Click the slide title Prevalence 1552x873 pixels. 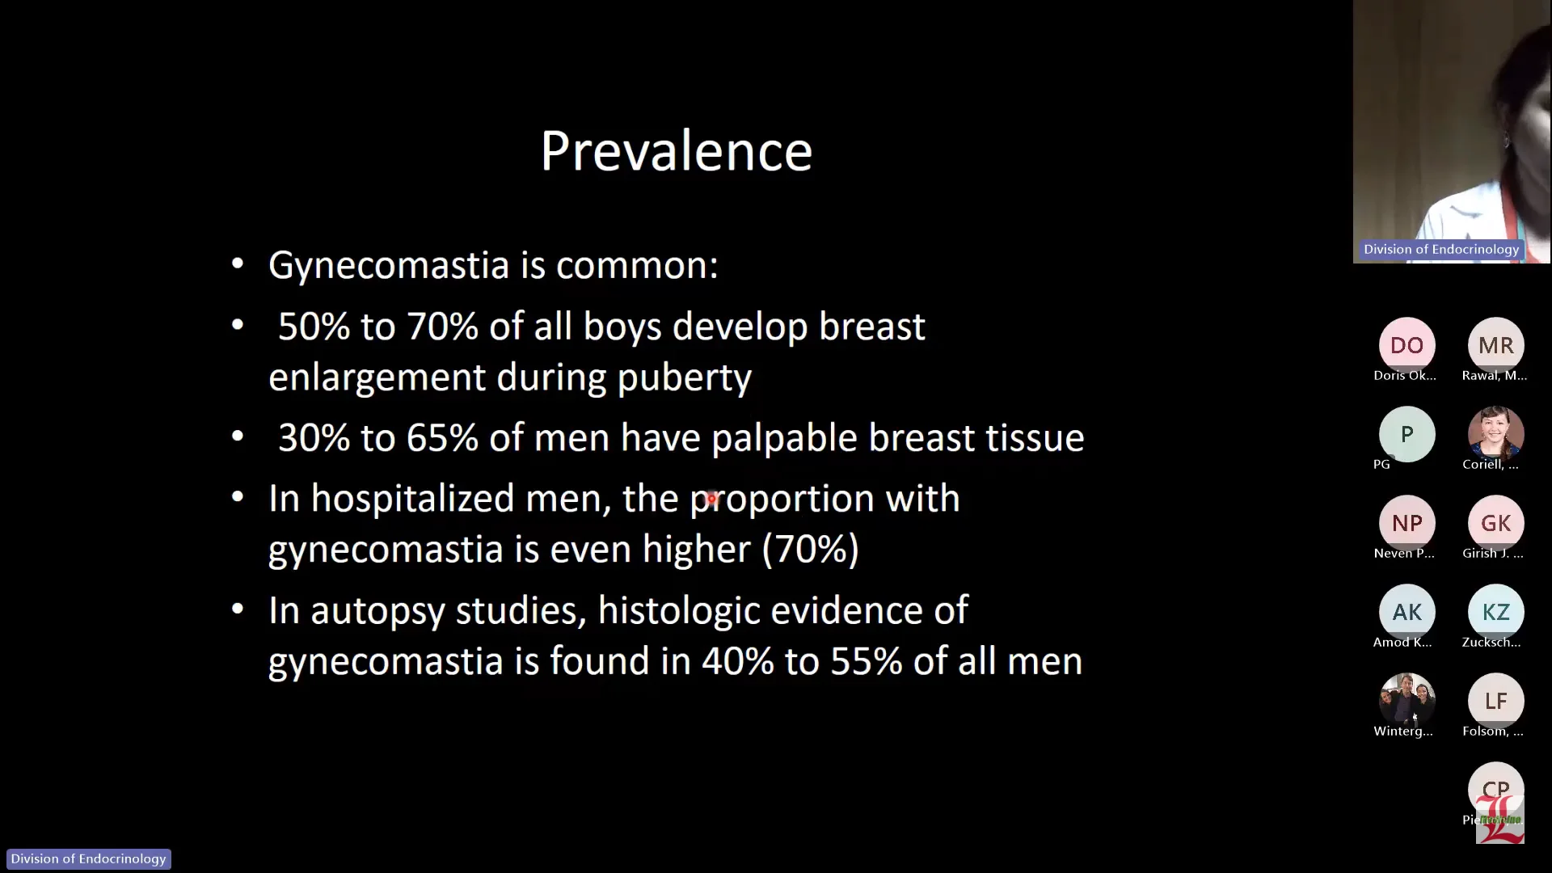676,151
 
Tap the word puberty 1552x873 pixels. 684,377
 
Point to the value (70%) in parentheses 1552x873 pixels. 810,550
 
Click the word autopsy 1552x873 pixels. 377,611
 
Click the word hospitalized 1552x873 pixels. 412,499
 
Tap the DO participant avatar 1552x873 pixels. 1406,345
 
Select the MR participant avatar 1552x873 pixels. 1495,345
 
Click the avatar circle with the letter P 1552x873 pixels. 1406,434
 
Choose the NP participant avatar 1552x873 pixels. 1406,523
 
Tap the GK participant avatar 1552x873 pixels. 1495,523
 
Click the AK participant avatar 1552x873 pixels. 1406,612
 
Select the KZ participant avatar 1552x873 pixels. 1495,612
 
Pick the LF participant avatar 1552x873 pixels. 1495,701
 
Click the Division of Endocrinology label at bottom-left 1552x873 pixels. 88,858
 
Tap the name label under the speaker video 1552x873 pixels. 1440,250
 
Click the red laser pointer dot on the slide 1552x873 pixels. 711,499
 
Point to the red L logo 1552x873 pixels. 1500,820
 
